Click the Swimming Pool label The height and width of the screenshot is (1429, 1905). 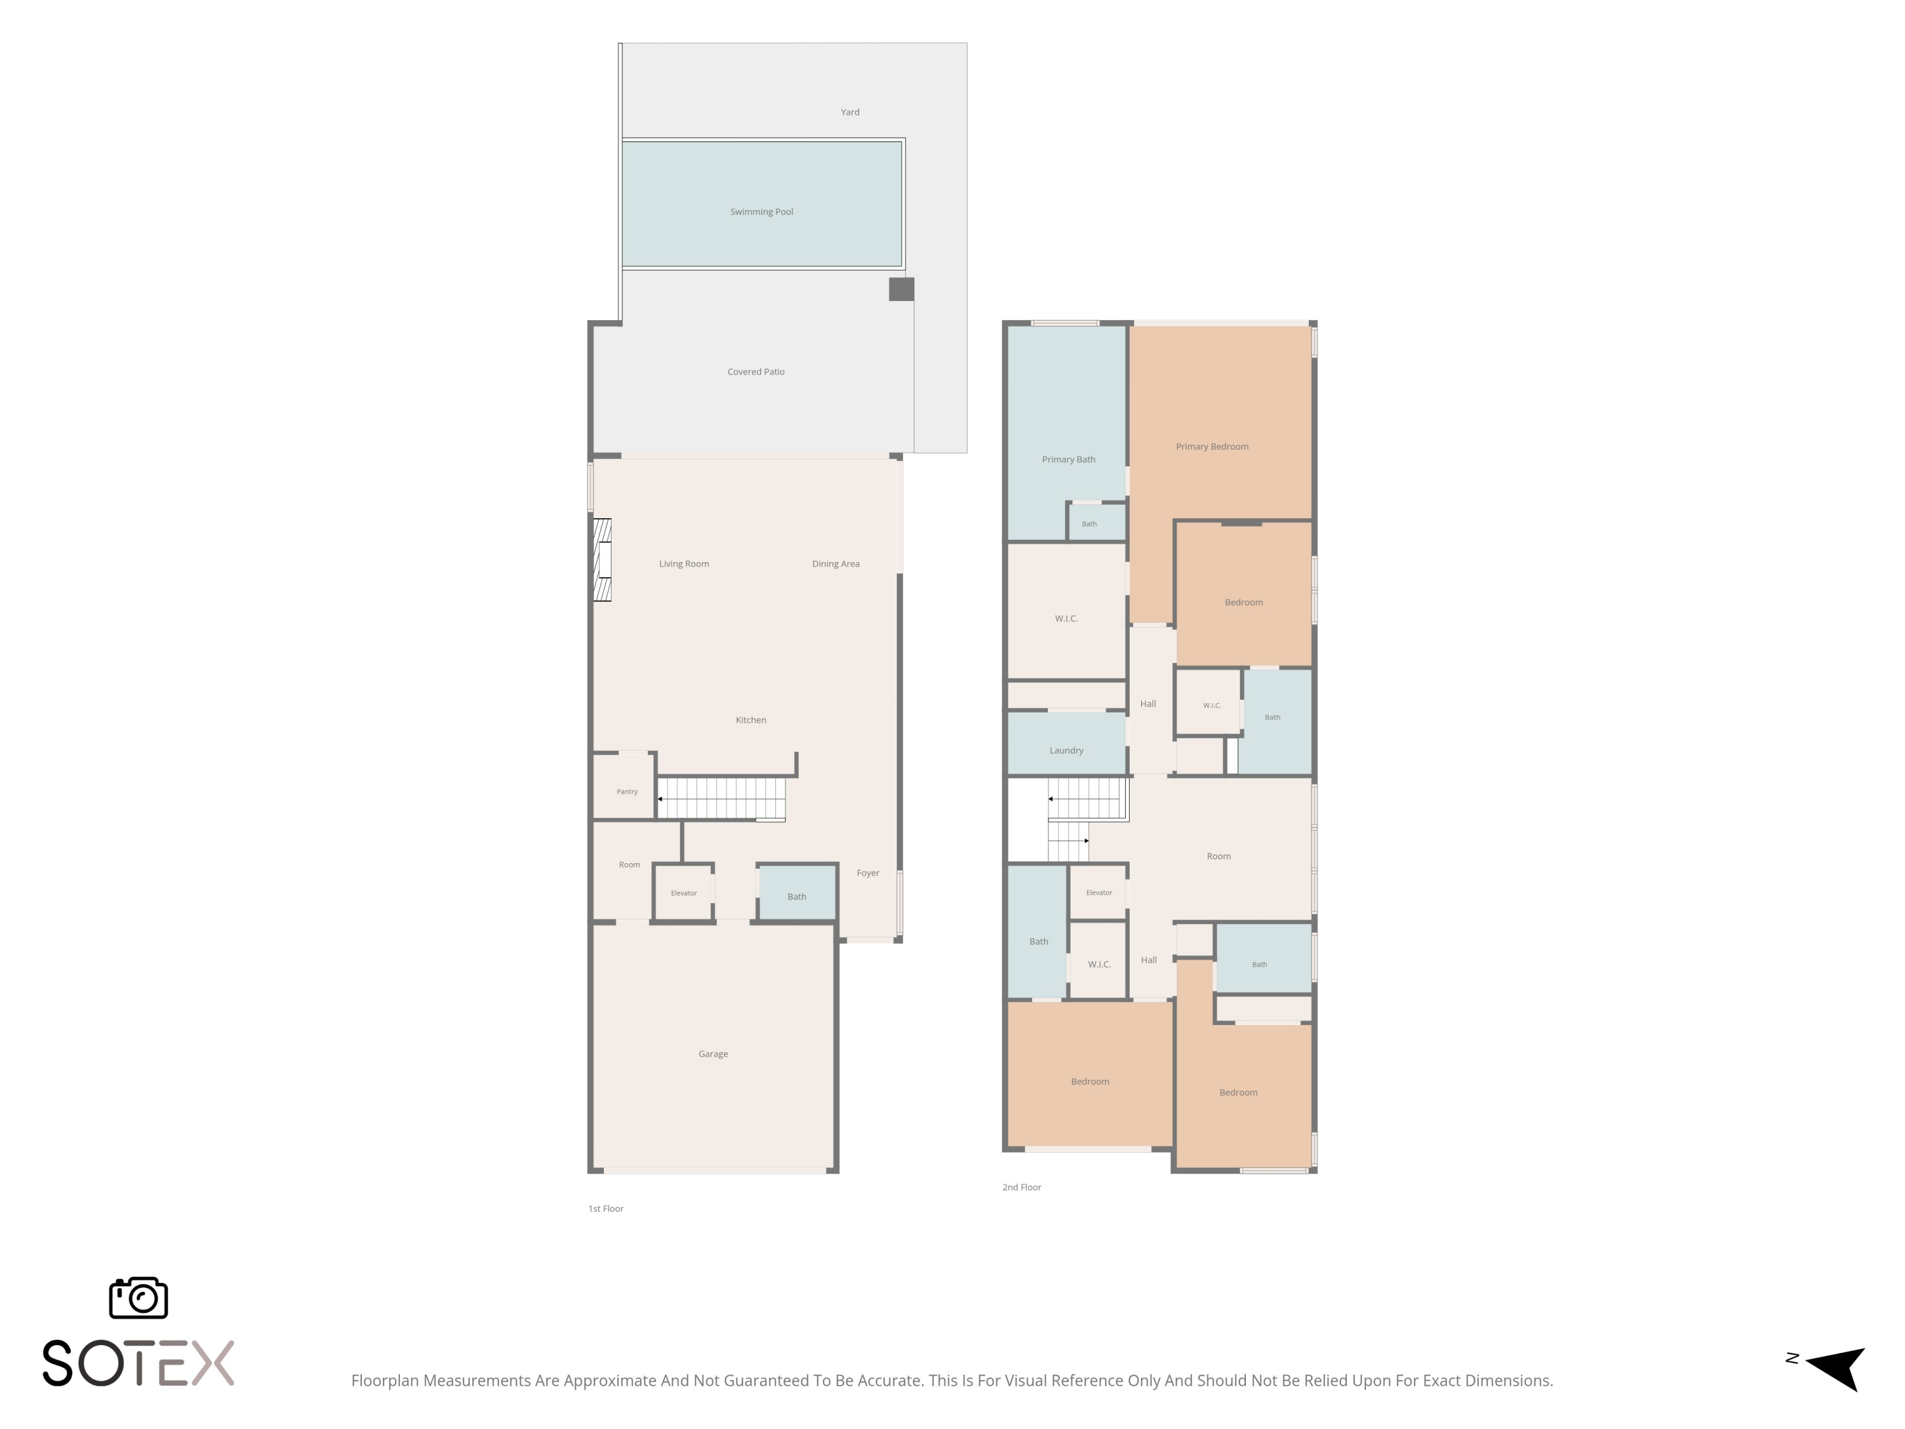pyautogui.click(x=761, y=212)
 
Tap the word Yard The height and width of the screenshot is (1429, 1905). pyautogui.click(x=850, y=112)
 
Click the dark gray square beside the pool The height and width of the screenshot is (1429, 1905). pyautogui.click(x=902, y=290)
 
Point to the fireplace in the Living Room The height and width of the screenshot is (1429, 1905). pyautogui.click(x=602, y=560)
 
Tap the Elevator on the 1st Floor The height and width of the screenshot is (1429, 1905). pyautogui.click(x=683, y=892)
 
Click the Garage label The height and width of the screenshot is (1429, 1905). pyautogui.click(x=713, y=1054)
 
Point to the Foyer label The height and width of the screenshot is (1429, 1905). pyautogui.click(x=868, y=873)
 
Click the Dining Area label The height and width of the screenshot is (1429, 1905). pyautogui.click(x=836, y=564)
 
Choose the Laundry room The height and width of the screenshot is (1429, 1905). pyautogui.click(x=1066, y=742)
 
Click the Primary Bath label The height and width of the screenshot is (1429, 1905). pyautogui.click(x=1069, y=460)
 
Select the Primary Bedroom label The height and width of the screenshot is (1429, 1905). pyautogui.click(x=1212, y=447)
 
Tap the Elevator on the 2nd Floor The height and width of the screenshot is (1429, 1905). pyautogui.click(x=1098, y=892)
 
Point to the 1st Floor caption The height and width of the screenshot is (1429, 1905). pyautogui.click(x=605, y=1209)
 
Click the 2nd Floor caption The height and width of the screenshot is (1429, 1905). pyautogui.click(x=1021, y=1187)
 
